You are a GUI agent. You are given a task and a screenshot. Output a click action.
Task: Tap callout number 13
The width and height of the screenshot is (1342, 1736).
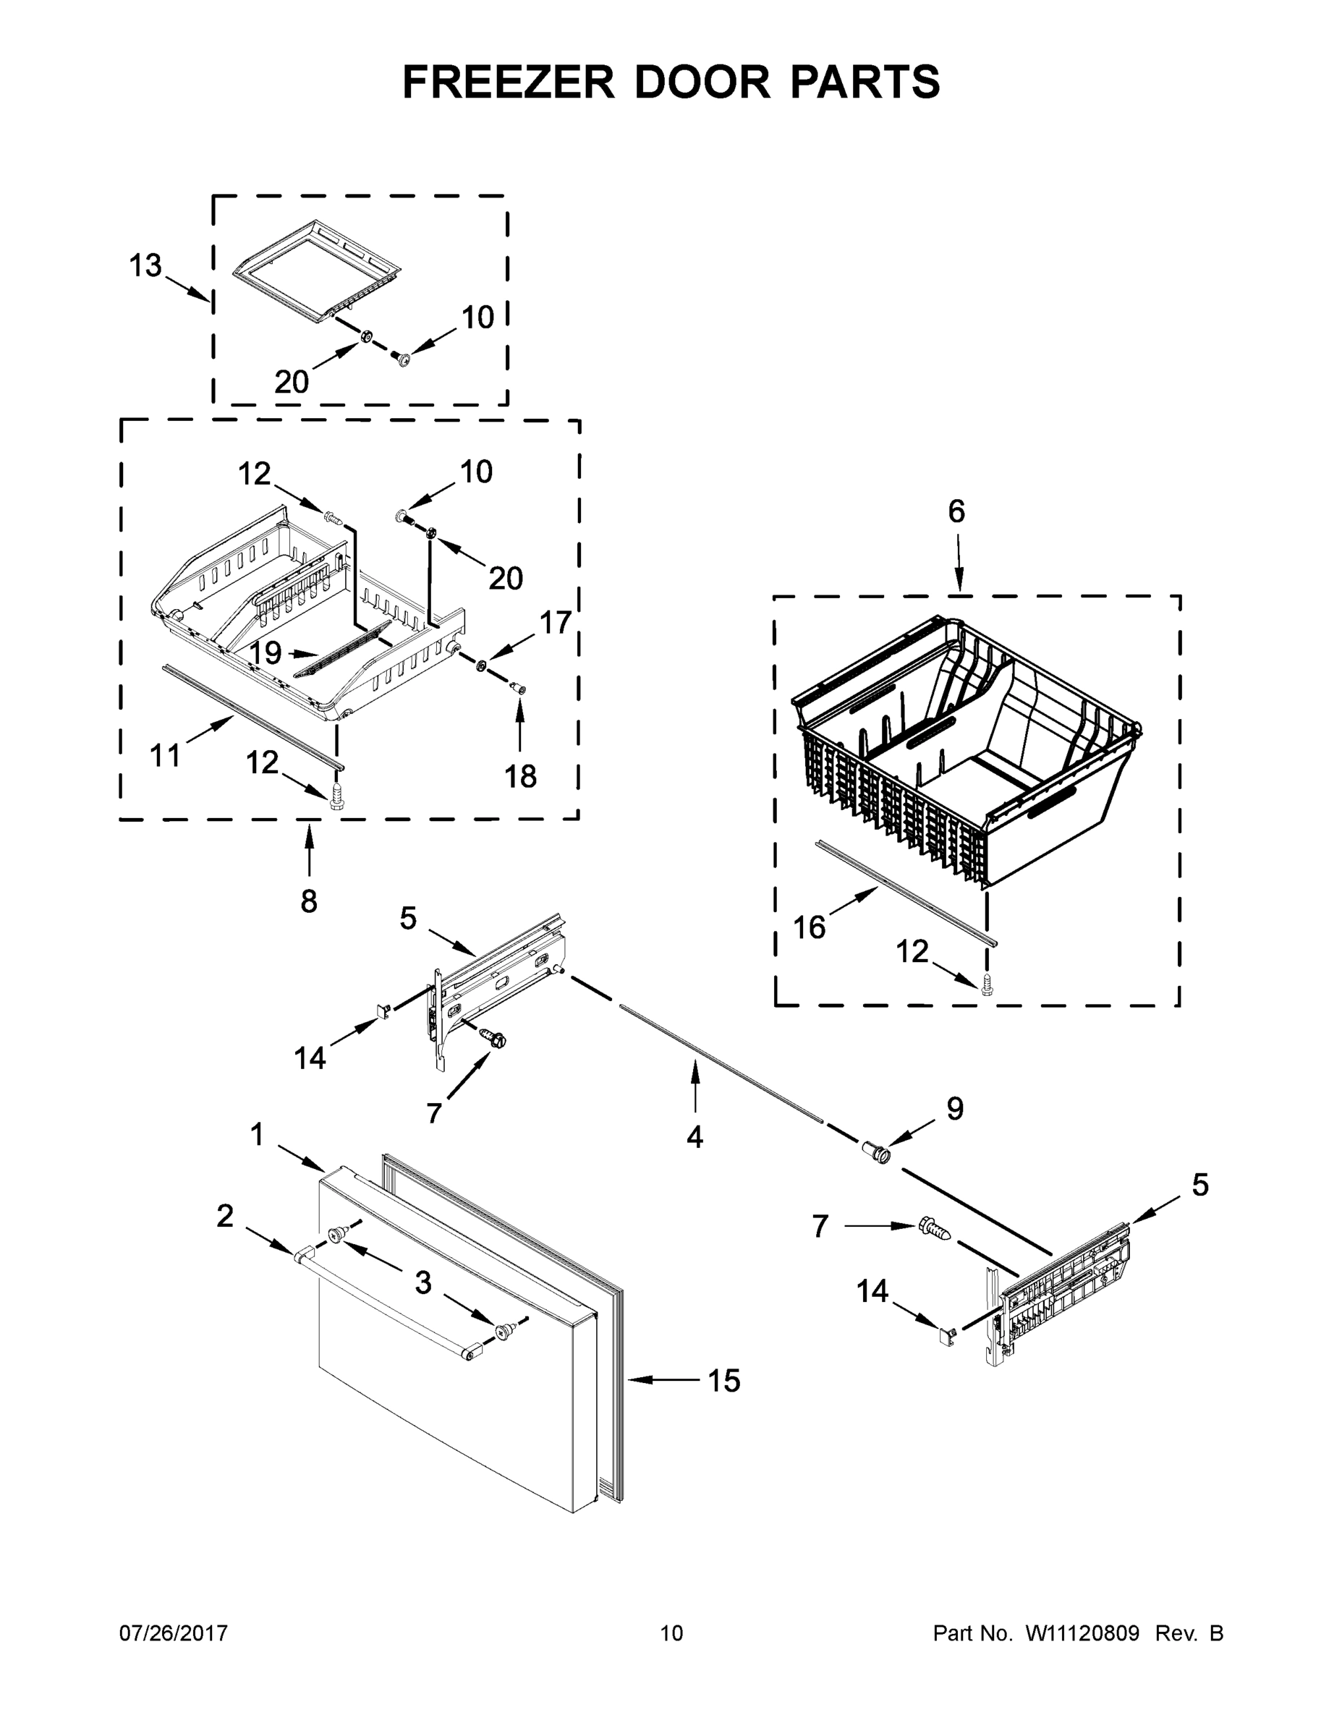coord(145,266)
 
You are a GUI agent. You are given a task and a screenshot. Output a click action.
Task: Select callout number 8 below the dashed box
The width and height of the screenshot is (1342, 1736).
coord(308,901)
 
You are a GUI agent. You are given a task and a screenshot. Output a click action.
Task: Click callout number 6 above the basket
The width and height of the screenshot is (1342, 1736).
coord(956,511)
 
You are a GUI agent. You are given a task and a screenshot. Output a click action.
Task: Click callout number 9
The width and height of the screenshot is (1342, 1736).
coord(954,1107)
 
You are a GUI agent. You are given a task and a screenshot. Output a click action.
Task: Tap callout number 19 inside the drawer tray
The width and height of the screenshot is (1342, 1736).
coord(266,652)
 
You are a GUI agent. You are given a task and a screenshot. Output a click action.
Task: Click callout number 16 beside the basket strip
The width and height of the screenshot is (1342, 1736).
coord(810,927)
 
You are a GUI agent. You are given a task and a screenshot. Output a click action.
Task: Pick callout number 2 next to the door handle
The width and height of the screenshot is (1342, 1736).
coord(225,1215)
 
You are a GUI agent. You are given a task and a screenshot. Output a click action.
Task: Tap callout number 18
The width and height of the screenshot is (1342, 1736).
coord(521,776)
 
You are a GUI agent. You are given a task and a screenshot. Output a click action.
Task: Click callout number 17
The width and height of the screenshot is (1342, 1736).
coord(556,622)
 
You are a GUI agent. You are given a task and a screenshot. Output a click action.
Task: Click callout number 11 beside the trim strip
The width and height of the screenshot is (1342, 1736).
coord(166,755)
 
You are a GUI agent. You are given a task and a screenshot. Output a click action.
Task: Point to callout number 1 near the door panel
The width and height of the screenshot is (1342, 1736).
coord(256,1134)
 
